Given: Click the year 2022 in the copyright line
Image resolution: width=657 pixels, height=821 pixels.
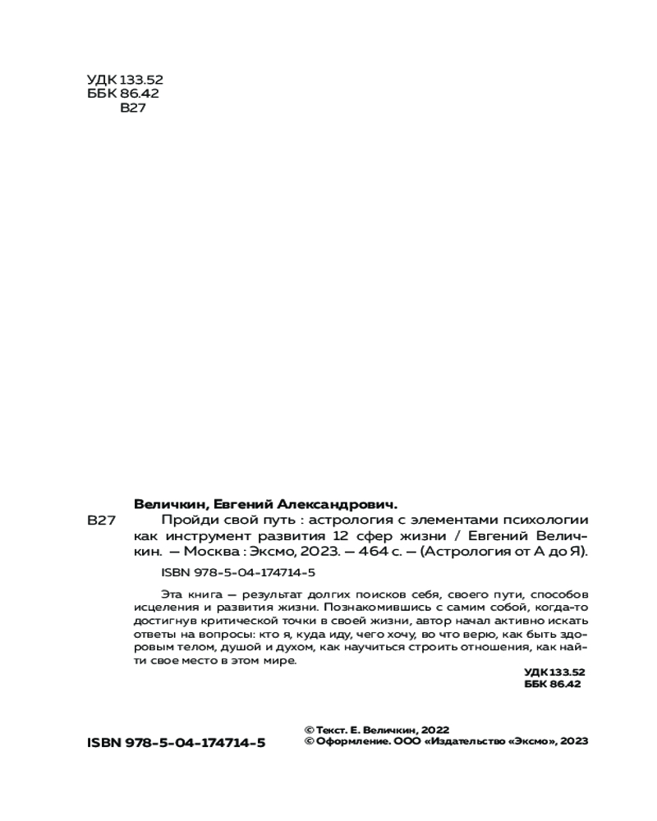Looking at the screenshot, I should coord(436,729).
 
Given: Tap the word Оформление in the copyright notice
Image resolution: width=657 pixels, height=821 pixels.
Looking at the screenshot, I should coord(350,741).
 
